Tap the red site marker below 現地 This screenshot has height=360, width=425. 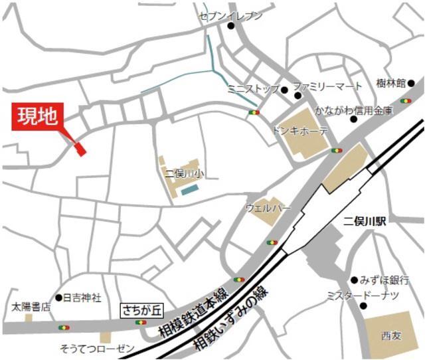pos(80,149)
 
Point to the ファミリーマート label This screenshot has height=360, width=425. pos(328,86)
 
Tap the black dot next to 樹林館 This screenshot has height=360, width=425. pos(411,84)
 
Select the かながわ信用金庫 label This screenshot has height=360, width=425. pos(354,110)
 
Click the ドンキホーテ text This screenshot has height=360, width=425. pos(300,131)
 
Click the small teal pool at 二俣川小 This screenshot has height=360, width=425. pos(190,190)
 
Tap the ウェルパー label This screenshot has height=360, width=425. pos(268,208)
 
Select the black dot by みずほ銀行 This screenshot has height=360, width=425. pos(355,280)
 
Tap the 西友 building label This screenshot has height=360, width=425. pos(392,335)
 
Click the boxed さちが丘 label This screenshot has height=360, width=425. pos(141,310)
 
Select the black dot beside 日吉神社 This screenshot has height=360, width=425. pos(58,298)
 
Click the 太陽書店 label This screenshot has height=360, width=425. pos(31,308)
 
